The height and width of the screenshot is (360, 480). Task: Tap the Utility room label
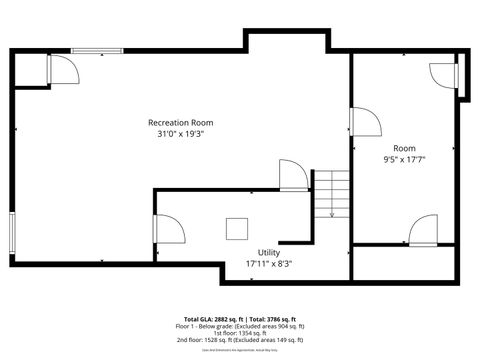269,252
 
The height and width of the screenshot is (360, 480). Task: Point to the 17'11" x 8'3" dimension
269,264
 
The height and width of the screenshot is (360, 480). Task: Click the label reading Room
404,148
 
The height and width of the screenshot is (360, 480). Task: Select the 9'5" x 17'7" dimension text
404,159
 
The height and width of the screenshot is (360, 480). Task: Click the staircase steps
331,194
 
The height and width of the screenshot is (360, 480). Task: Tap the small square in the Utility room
238,229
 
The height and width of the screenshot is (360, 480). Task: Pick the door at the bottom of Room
423,230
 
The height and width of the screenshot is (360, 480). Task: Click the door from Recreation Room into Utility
293,176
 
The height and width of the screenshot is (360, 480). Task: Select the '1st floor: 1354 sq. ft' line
239,334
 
